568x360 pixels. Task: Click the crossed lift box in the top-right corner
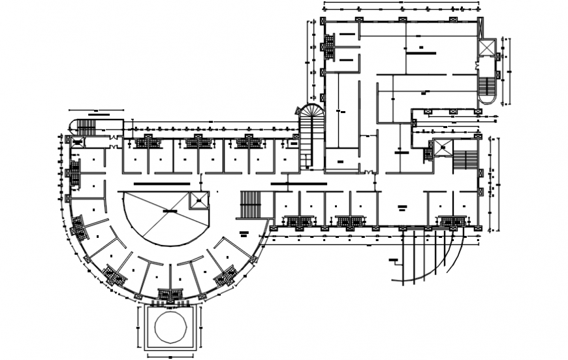coord(486,48)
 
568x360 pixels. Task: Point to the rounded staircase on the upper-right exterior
coord(487,89)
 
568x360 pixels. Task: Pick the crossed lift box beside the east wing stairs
coord(442,148)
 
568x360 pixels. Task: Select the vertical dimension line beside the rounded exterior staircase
coord(510,71)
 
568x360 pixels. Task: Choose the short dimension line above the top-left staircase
coord(96,110)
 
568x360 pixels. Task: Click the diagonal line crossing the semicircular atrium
coord(157,222)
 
